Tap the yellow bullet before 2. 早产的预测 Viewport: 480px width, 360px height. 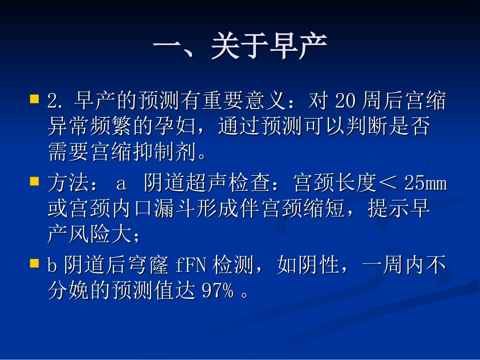34,98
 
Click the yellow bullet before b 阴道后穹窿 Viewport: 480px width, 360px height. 34,263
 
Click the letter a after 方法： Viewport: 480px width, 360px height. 121,184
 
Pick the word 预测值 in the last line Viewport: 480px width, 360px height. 162,291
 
